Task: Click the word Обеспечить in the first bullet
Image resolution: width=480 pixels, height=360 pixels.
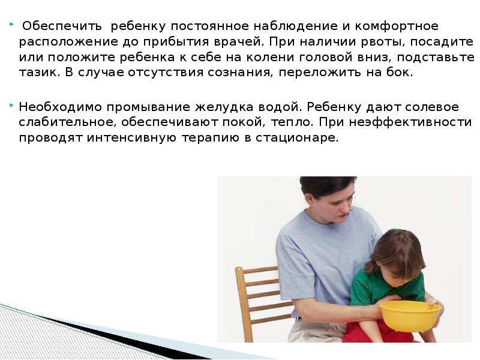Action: (62, 26)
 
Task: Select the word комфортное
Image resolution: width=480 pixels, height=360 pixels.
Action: (397, 26)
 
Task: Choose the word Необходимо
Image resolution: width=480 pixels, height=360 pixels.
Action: (61, 107)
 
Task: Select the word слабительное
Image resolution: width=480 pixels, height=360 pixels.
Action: (68, 122)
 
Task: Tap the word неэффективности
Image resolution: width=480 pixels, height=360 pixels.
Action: (410, 122)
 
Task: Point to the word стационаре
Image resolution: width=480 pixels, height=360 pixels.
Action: (297, 138)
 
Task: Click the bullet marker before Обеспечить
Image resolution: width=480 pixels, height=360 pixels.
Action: (11, 23)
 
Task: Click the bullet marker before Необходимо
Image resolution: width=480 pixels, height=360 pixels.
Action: (11, 105)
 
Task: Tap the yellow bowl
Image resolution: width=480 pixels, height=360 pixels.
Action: (410, 316)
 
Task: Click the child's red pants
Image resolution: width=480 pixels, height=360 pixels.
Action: (380, 332)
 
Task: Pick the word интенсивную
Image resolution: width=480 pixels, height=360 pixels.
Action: (131, 138)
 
